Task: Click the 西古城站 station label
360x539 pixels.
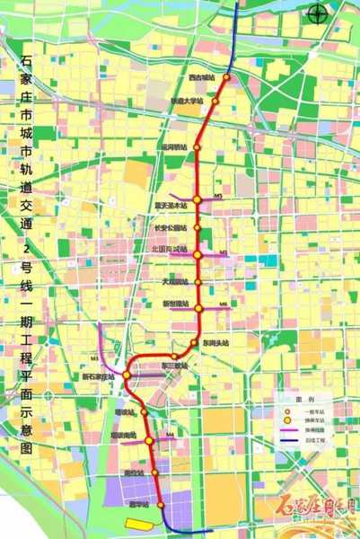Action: [x=202, y=77]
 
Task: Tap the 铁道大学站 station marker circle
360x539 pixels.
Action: [x=215, y=102]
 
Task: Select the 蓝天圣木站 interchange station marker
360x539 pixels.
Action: [x=197, y=199]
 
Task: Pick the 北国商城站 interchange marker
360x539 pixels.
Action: [x=198, y=255]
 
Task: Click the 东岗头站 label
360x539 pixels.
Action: [x=215, y=343]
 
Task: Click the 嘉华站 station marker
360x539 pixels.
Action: [x=162, y=505]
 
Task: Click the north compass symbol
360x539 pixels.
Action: [x=314, y=13]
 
